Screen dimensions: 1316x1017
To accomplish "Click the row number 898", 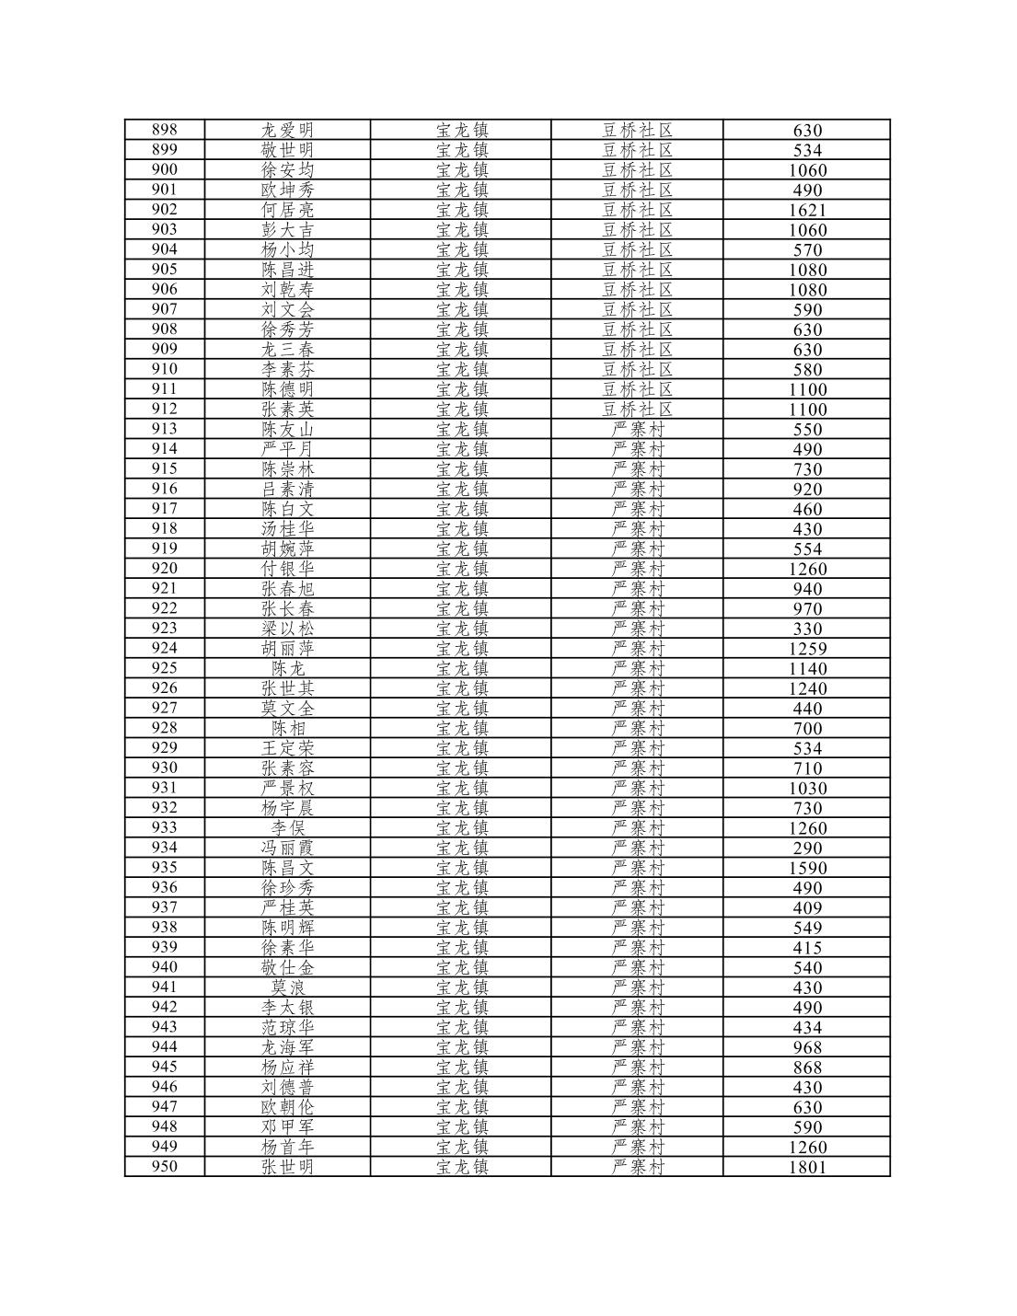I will (164, 130).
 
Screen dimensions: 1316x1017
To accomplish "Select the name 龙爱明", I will (287, 130).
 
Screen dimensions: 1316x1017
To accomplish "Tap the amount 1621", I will (807, 210).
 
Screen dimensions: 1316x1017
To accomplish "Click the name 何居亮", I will (287, 210).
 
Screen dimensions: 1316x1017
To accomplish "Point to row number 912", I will (164, 409).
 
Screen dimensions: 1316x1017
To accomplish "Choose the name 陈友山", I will (287, 429).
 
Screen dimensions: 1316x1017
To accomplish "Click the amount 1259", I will (807, 649).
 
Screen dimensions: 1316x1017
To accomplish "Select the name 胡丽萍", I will (287, 649).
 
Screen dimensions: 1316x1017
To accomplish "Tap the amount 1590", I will (807, 868).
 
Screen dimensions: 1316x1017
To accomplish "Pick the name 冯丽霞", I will (287, 848).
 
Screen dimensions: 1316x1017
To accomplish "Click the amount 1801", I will (807, 1167).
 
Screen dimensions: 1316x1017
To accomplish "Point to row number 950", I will (164, 1167).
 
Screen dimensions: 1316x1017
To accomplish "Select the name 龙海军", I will (287, 1047).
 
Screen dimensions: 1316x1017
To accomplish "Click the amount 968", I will (807, 1047).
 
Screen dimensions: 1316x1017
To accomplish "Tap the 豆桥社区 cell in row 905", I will (637, 270).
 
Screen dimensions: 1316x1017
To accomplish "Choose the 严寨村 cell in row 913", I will (637, 429).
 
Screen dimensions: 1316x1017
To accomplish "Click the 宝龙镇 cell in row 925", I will (461, 668).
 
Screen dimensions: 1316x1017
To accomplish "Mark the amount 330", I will (807, 629).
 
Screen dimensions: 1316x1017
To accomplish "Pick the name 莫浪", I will (287, 987).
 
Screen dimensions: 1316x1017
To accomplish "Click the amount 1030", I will (807, 788).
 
